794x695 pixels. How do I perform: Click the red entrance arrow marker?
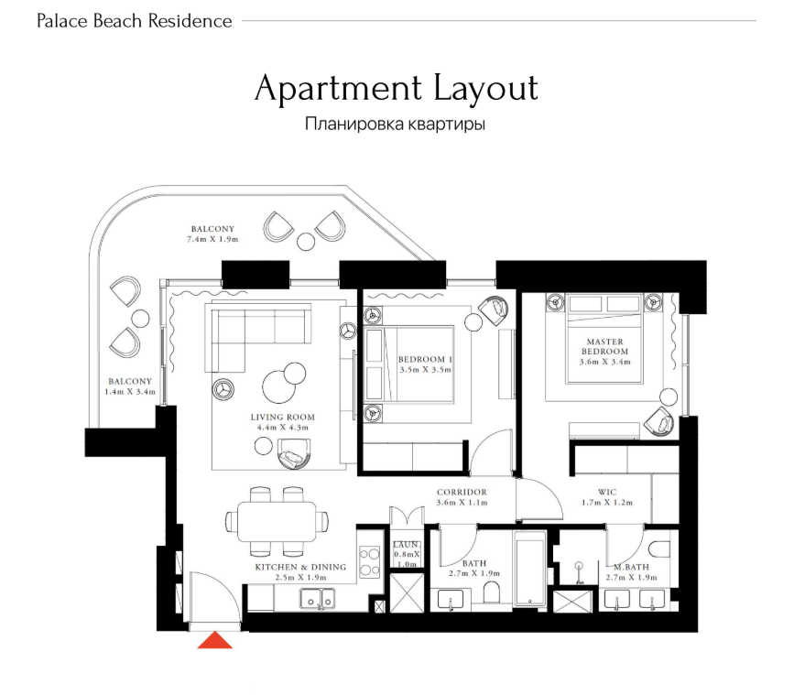coord(214,640)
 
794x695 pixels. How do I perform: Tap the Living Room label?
coord(283,418)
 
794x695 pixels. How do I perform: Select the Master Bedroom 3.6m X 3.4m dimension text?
coord(605,362)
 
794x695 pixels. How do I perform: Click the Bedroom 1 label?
coord(425,359)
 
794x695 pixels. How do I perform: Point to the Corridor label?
coord(462,492)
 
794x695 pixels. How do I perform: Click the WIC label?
coord(607,492)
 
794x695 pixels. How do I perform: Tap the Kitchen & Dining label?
coord(300,567)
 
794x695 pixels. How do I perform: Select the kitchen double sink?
coord(318,598)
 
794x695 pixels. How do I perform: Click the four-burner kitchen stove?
coord(370,562)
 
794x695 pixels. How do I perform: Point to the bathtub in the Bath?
coord(529,568)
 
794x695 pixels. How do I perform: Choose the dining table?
coord(277,522)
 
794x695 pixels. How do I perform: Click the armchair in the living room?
coord(294,453)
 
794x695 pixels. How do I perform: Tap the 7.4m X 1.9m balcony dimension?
coord(212,239)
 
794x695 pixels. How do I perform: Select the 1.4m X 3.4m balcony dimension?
coord(130,392)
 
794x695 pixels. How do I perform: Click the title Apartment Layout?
coord(396,89)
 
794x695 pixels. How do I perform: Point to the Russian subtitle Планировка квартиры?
coord(395,124)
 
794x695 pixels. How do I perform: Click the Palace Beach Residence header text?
coord(135,21)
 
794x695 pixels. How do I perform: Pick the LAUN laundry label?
coord(406,545)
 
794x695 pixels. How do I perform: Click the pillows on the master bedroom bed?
coord(604,304)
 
